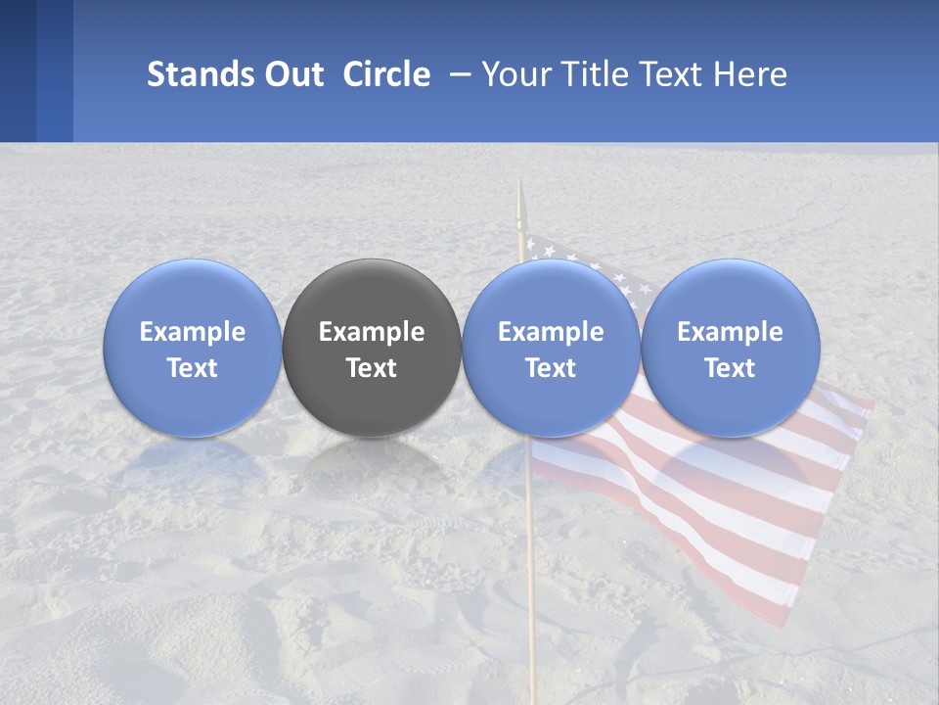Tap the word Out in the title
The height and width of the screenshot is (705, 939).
click(294, 74)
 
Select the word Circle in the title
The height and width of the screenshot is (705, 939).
click(386, 74)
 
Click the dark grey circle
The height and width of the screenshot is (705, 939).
click(372, 348)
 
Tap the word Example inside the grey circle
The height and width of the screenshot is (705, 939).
click(372, 332)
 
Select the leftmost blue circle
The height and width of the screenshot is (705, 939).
click(193, 348)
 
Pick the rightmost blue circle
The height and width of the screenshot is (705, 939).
click(731, 348)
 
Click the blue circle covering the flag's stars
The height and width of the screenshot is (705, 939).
click(551, 348)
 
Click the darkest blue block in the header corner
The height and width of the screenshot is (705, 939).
click(18, 70)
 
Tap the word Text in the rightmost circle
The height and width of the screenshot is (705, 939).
click(731, 368)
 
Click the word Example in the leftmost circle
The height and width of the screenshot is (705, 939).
click(193, 332)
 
